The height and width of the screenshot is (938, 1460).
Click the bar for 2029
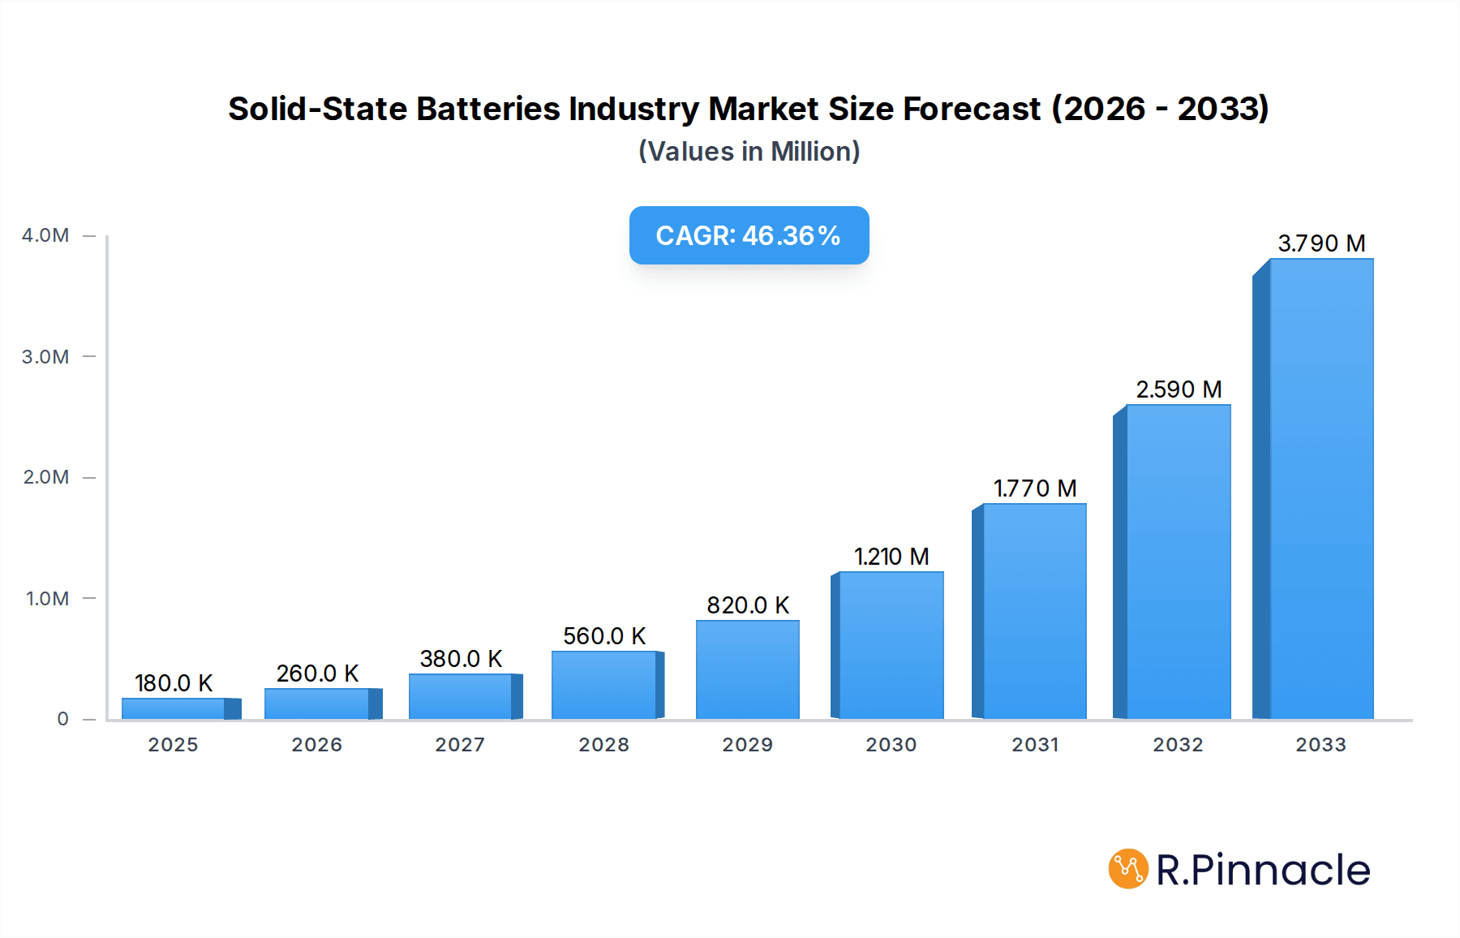[747, 669]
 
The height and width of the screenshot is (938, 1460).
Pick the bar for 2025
[174, 708]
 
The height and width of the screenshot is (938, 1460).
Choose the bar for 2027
[460, 696]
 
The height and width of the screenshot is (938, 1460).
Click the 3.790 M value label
[1321, 243]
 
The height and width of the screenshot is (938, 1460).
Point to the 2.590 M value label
[1178, 389]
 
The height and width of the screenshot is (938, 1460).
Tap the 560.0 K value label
[604, 636]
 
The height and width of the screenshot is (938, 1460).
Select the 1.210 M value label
[891, 557]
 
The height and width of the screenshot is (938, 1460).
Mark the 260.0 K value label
[317, 673]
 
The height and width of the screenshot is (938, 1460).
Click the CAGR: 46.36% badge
[749, 235]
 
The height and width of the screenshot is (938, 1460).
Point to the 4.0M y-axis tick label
[45, 235]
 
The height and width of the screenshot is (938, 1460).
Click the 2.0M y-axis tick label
[45, 477]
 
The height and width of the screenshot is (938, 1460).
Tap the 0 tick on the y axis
[62, 719]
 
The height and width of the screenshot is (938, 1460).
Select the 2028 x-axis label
[603, 745]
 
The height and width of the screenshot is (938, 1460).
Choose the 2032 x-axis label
[1178, 745]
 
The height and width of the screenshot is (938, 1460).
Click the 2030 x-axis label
[891, 745]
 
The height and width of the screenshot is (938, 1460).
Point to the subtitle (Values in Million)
[749, 152]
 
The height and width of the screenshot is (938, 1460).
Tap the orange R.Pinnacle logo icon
[1127, 869]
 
